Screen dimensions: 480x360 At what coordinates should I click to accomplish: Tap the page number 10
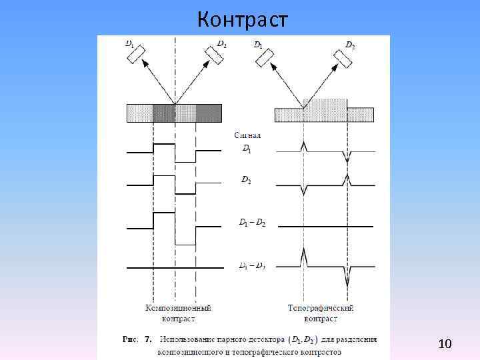[x=445, y=343]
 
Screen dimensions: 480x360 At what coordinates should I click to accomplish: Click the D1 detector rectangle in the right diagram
[x=264, y=58]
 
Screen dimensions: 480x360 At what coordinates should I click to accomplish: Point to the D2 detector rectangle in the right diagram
[x=344, y=58]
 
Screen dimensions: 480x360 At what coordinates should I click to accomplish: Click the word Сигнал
[x=247, y=135]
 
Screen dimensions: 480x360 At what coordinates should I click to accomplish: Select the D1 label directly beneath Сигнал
[x=246, y=149]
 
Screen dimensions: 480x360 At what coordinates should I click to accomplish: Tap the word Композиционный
[x=178, y=308]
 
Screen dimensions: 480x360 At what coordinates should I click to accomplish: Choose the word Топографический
[x=321, y=308]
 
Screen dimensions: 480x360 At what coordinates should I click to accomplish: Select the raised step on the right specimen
[x=325, y=104]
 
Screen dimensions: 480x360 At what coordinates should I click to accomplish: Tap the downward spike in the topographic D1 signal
[x=347, y=157]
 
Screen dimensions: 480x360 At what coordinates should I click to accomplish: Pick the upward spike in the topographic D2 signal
[x=347, y=179]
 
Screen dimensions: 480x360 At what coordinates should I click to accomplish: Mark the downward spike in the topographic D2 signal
[x=304, y=191]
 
